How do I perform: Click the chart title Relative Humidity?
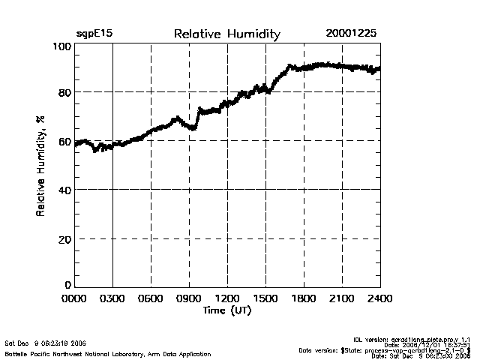226,34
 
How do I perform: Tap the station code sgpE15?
94,34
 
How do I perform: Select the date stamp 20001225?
351,34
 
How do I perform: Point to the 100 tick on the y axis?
62,46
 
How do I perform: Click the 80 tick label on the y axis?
64,93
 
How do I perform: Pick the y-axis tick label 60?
64,142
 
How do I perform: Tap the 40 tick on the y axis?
64,190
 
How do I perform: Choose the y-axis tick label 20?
64,239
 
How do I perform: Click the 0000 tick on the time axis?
75,299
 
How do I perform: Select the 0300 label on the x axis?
112,299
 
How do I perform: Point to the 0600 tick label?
151,299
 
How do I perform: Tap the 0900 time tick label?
189,299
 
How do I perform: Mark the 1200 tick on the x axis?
227,299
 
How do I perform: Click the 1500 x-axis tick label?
265,299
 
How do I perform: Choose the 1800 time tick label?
304,299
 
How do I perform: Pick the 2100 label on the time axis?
342,299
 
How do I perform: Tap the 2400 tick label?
379,299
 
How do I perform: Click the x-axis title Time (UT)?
226,310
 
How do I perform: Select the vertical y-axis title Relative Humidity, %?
40,166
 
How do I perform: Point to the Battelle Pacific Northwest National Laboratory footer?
108,354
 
